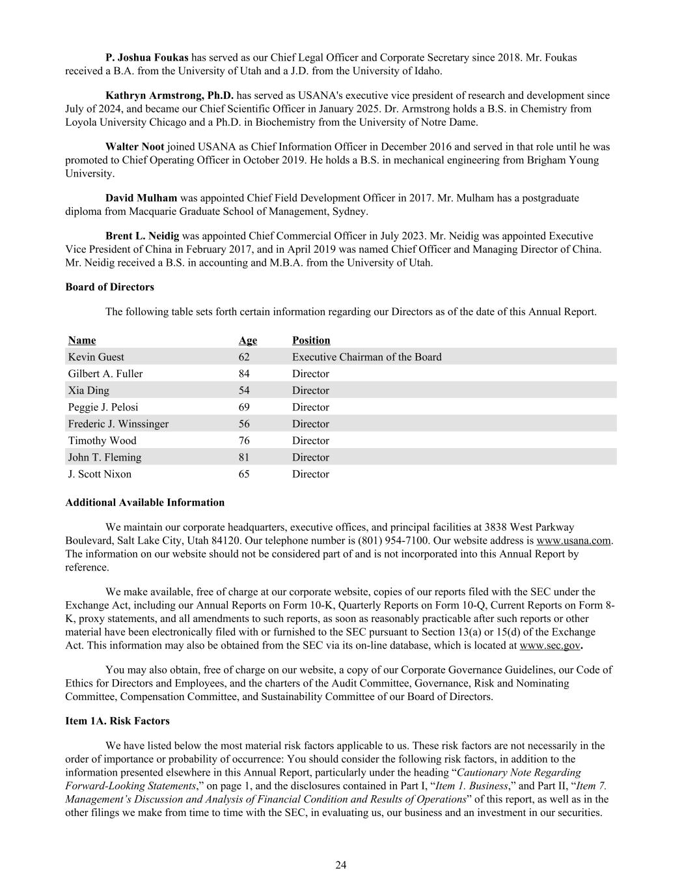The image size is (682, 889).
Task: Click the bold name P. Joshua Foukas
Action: [x=146, y=57]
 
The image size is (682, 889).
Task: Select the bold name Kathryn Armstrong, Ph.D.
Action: [x=169, y=95]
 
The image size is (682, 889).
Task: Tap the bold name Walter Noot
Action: [x=135, y=147]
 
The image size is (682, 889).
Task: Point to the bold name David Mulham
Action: [x=141, y=197]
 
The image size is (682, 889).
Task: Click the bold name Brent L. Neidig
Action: [x=142, y=236]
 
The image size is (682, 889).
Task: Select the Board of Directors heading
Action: [x=109, y=287]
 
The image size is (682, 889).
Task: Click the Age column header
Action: [x=247, y=340]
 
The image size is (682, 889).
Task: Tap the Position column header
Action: [x=311, y=340]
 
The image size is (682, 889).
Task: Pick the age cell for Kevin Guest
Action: [x=244, y=357]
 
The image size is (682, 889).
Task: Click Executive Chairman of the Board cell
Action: [x=366, y=357]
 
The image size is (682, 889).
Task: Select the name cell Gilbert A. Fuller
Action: [x=105, y=374]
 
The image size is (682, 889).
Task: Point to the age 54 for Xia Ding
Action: [x=244, y=391]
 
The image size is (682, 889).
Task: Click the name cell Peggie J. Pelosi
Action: [x=103, y=407]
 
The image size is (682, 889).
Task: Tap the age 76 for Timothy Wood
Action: [x=244, y=441]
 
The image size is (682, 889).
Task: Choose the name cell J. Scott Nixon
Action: [x=100, y=474]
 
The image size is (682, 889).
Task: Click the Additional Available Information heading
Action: [x=144, y=502]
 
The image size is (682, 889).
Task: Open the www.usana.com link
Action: [x=573, y=541]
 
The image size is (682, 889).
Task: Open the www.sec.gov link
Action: [x=549, y=645]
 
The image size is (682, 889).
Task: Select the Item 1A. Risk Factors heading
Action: [x=117, y=721]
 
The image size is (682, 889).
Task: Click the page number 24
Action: [x=341, y=865]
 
